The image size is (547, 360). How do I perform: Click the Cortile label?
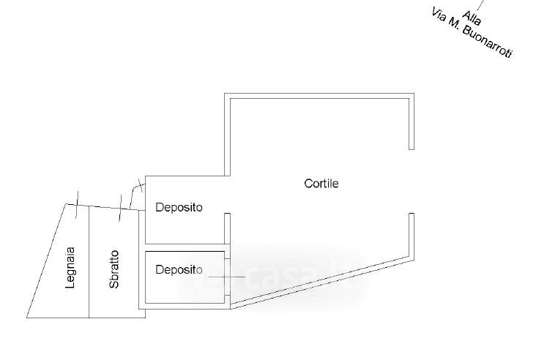click(321, 184)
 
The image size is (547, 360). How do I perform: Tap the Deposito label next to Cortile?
click(179, 207)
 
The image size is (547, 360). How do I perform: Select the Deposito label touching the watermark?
click(179, 270)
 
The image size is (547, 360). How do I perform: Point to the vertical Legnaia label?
click(70, 268)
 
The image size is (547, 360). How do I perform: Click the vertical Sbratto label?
click(114, 269)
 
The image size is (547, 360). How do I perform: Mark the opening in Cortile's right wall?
click(412, 181)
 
